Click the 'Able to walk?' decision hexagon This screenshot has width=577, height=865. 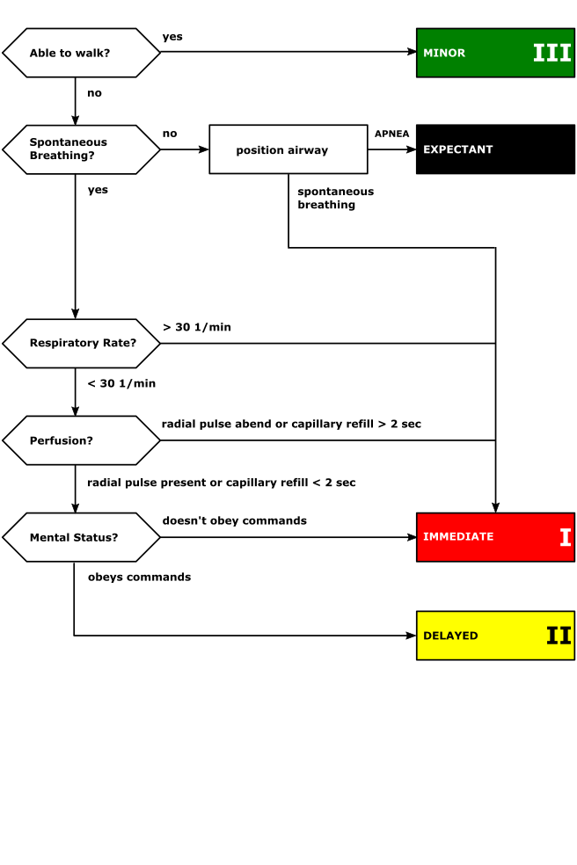tap(81, 53)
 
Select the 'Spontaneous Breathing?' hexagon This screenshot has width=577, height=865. tap(81, 149)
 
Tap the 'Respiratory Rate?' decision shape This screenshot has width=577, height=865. tap(81, 343)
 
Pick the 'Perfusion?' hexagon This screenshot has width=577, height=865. tap(81, 440)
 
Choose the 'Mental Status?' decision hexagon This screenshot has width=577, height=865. tap(81, 537)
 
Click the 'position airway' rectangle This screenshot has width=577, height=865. tap(288, 149)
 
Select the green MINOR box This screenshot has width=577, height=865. tap(495, 53)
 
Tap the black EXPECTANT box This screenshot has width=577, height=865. tap(495, 149)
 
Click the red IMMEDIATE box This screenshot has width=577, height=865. tap(495, 537)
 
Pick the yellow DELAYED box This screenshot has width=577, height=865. tap(495, 636)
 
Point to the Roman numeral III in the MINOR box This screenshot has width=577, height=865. tap(552, 53)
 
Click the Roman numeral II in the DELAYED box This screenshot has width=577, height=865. tap(559, 636)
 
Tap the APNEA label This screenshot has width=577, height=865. tap(392, 134)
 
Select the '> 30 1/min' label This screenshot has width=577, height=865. tap(197, 327)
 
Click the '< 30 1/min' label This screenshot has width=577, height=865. tap(121, 383)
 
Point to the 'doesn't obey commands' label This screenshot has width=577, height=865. tap(235, 520)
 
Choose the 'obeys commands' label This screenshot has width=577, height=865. tap(139, 578)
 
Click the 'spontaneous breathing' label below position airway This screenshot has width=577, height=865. tap(336, 198)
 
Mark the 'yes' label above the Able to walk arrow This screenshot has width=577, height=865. tap(172, 37)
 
